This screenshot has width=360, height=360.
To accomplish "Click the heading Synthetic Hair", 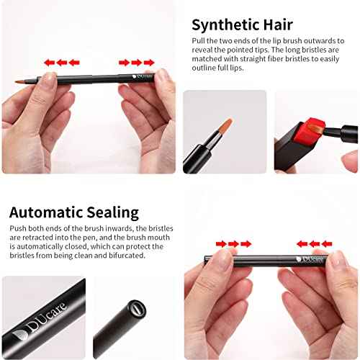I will pyautogui.click(x=243, y=24).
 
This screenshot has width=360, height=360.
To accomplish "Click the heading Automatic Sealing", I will pyautogui.click(x=73, y=212).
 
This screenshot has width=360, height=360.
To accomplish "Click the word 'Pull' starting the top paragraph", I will pyautogui.click(x=200, y=42).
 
